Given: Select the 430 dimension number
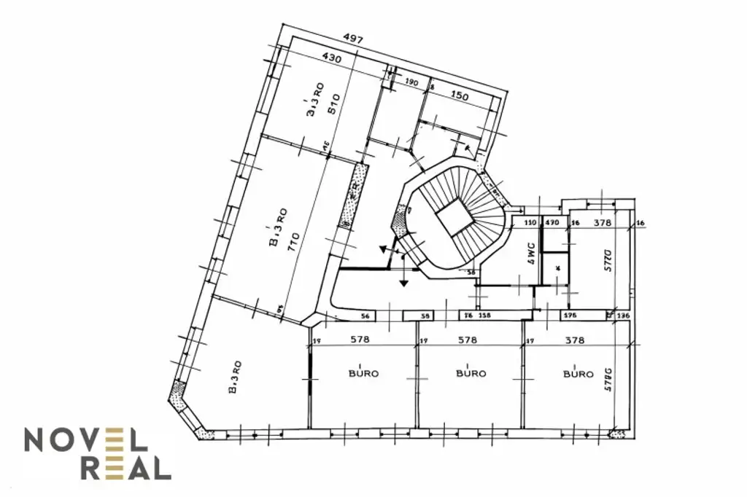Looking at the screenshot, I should click(x=332, y=59).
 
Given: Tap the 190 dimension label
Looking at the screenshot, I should click(x=411, y=83).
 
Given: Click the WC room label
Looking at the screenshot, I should click(x=532, y=252).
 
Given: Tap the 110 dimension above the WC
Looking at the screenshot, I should click(x=530, y=222).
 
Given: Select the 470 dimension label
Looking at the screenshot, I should click(x=552, y=222).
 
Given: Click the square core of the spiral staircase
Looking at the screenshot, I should click(x=454, y=216).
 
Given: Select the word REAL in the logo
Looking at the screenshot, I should click(x=125, y=469).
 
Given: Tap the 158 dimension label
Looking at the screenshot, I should click(x=484, y=316).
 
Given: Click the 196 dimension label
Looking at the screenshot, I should click(x=571, y=316).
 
